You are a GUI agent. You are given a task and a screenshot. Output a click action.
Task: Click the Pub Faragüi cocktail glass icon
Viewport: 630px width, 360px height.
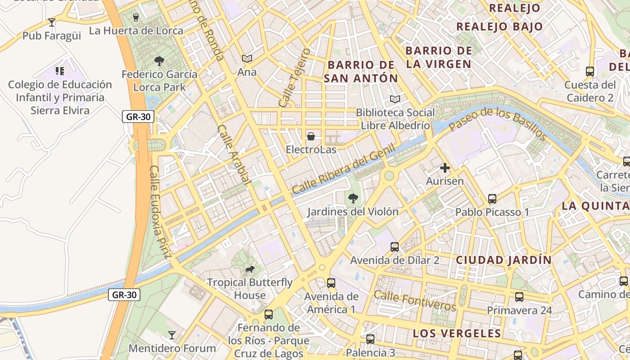52,22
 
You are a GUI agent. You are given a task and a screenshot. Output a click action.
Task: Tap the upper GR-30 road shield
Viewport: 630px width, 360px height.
138,117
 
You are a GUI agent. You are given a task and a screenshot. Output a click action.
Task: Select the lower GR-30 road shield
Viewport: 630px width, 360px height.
124,295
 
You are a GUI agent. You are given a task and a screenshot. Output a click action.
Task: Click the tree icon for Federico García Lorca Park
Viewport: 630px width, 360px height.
159,61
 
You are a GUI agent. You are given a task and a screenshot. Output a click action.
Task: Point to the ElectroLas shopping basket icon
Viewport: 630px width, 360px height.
310,136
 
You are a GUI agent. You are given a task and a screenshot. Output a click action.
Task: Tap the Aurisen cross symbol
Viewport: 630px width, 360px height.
445,168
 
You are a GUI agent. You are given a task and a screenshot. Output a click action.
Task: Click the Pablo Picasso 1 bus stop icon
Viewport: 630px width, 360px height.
492,198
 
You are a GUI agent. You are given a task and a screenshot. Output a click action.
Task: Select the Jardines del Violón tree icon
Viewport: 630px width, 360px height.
353,198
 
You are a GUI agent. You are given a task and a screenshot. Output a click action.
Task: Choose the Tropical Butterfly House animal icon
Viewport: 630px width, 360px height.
249,270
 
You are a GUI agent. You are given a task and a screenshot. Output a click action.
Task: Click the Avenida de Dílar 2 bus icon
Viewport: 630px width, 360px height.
395,247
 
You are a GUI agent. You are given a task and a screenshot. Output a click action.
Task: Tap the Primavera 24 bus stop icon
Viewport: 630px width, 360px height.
519,297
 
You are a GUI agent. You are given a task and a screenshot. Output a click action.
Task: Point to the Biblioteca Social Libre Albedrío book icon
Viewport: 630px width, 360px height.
395,99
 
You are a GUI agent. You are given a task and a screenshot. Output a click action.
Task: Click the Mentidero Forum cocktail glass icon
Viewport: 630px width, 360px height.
171,335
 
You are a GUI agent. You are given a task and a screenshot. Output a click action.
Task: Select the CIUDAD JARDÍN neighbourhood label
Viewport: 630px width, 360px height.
504,260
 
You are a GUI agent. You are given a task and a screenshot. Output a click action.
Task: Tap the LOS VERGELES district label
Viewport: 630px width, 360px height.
457,333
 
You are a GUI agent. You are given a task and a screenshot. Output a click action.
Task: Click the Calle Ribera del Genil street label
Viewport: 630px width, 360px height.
343,169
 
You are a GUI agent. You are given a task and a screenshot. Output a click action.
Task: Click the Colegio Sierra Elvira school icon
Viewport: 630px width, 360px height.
60,71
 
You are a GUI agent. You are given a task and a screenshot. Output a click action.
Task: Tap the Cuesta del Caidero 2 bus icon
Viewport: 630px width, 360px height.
589,71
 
